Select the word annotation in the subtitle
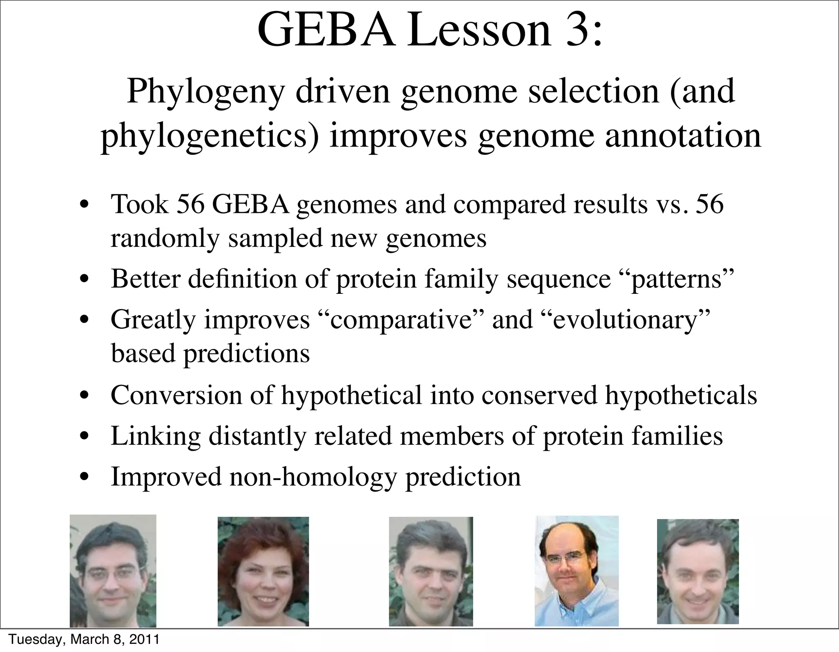[683, 136]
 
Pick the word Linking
[156, 436]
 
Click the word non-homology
[313, 477]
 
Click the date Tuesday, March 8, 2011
[84, 639]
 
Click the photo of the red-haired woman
[263, 571]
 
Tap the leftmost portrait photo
[113, 571]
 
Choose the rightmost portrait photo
[698, 571]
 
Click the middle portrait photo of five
[431, 571]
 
